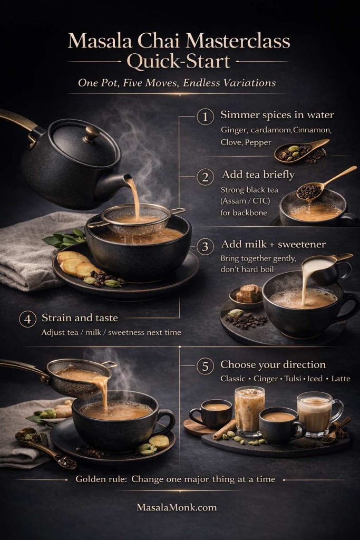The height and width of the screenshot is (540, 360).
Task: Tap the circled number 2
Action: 205,177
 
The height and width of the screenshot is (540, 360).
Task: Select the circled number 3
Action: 205,246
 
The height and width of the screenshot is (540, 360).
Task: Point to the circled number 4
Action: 27,319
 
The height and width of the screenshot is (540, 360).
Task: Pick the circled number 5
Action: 205,365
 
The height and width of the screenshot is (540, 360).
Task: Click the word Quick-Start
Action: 179,62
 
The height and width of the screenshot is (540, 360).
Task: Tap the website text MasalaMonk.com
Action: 177,508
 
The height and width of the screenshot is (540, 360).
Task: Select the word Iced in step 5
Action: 314,379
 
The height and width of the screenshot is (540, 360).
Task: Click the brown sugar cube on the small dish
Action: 248,294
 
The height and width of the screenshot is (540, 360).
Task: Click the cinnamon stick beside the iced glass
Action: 225,429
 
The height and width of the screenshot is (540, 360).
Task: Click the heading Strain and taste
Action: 80,318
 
